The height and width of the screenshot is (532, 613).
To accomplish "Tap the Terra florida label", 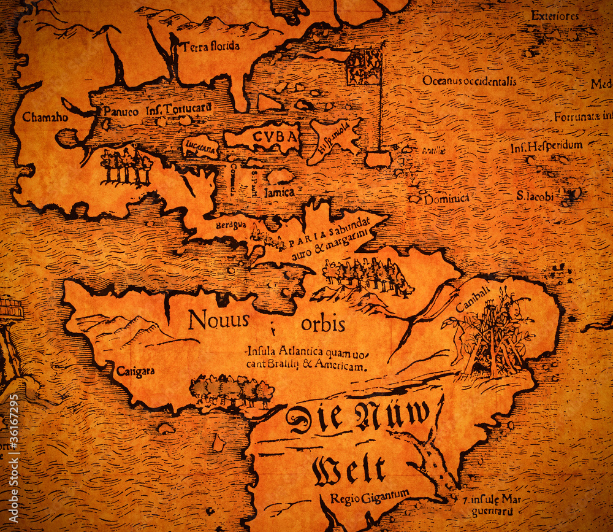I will coord(210,46).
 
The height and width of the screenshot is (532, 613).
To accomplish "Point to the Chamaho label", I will coord(45,117).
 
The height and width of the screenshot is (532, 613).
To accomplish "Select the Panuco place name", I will coord(120,111).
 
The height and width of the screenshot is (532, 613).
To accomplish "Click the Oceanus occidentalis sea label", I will coord(469,80).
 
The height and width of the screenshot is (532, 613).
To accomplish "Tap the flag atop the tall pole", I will coord(364,66).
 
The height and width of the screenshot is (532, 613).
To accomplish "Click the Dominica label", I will coord(446,199).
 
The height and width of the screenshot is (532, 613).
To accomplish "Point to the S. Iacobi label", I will coord(535,196).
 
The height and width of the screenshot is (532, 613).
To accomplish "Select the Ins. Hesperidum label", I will coord(546,147).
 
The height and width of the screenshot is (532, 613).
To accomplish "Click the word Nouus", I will coord(218,320).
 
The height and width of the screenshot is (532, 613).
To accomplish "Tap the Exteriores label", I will coord(555,15).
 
